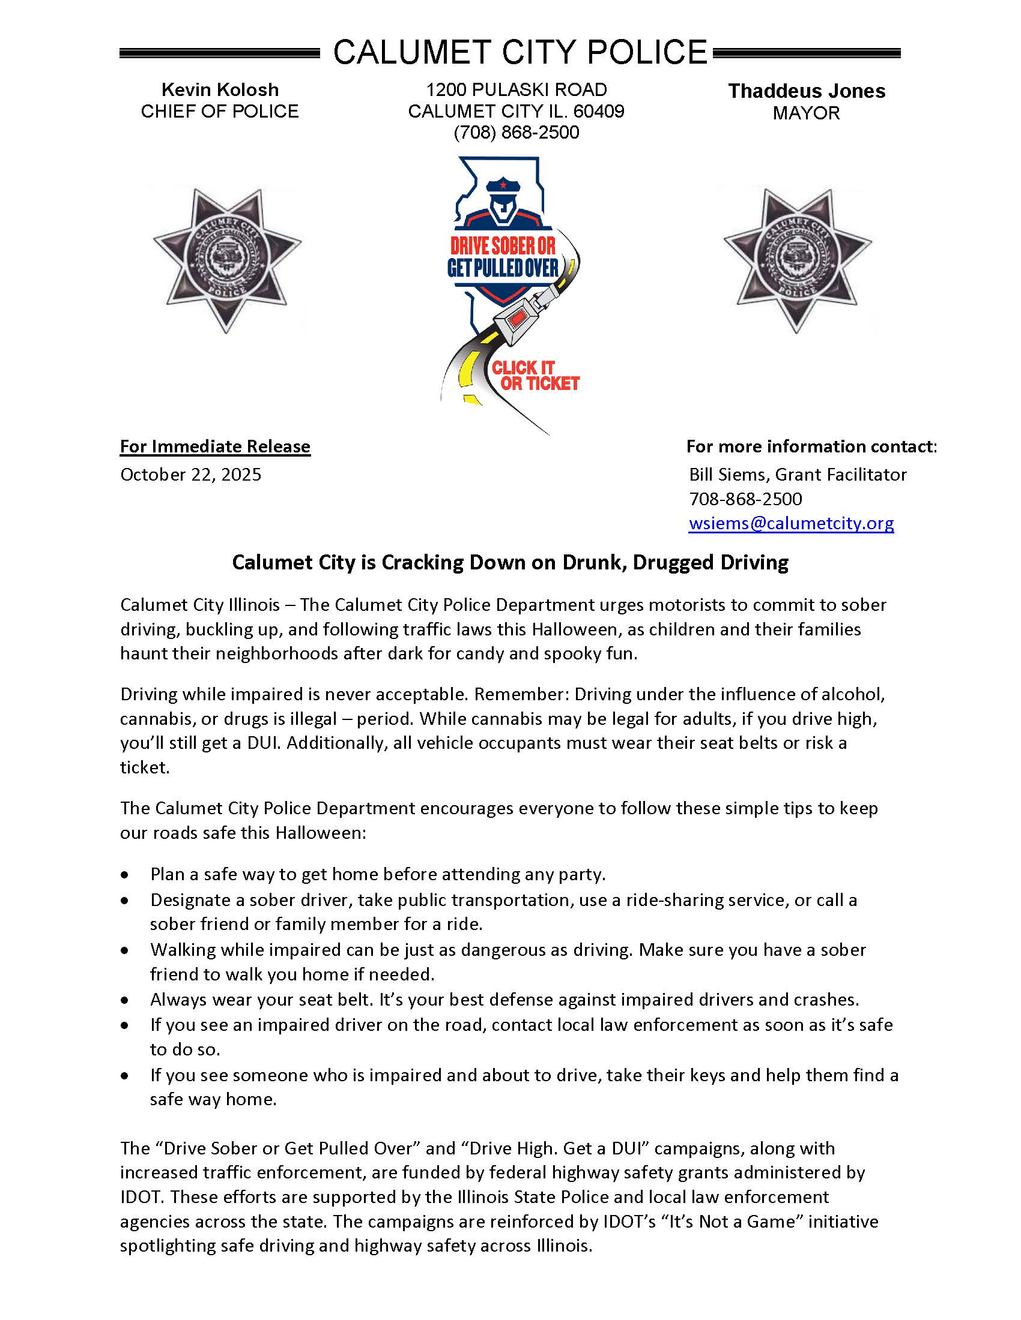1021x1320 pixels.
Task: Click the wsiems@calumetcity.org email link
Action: click(790, 523)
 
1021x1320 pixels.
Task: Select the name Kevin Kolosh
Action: click(220, 90)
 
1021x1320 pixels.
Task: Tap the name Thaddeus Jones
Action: click(806, 91)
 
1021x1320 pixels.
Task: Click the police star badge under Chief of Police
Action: click(227, 260)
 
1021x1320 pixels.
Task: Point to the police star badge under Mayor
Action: click(797, 260)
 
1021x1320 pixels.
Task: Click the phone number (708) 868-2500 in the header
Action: click(516, 133)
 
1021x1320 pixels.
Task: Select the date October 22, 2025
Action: click(190, 475)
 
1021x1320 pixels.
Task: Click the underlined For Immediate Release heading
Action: click(215, 446)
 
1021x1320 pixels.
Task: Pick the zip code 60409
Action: click(599, 111)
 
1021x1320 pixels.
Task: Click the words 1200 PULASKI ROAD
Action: click(516, 90)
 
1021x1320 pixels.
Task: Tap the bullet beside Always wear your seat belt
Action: click(124, 1000)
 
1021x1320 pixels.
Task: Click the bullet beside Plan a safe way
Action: click(124, 875)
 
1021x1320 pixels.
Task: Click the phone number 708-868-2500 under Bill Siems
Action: click(745, 499)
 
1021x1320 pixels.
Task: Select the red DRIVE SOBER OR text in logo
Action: click(503, 246)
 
